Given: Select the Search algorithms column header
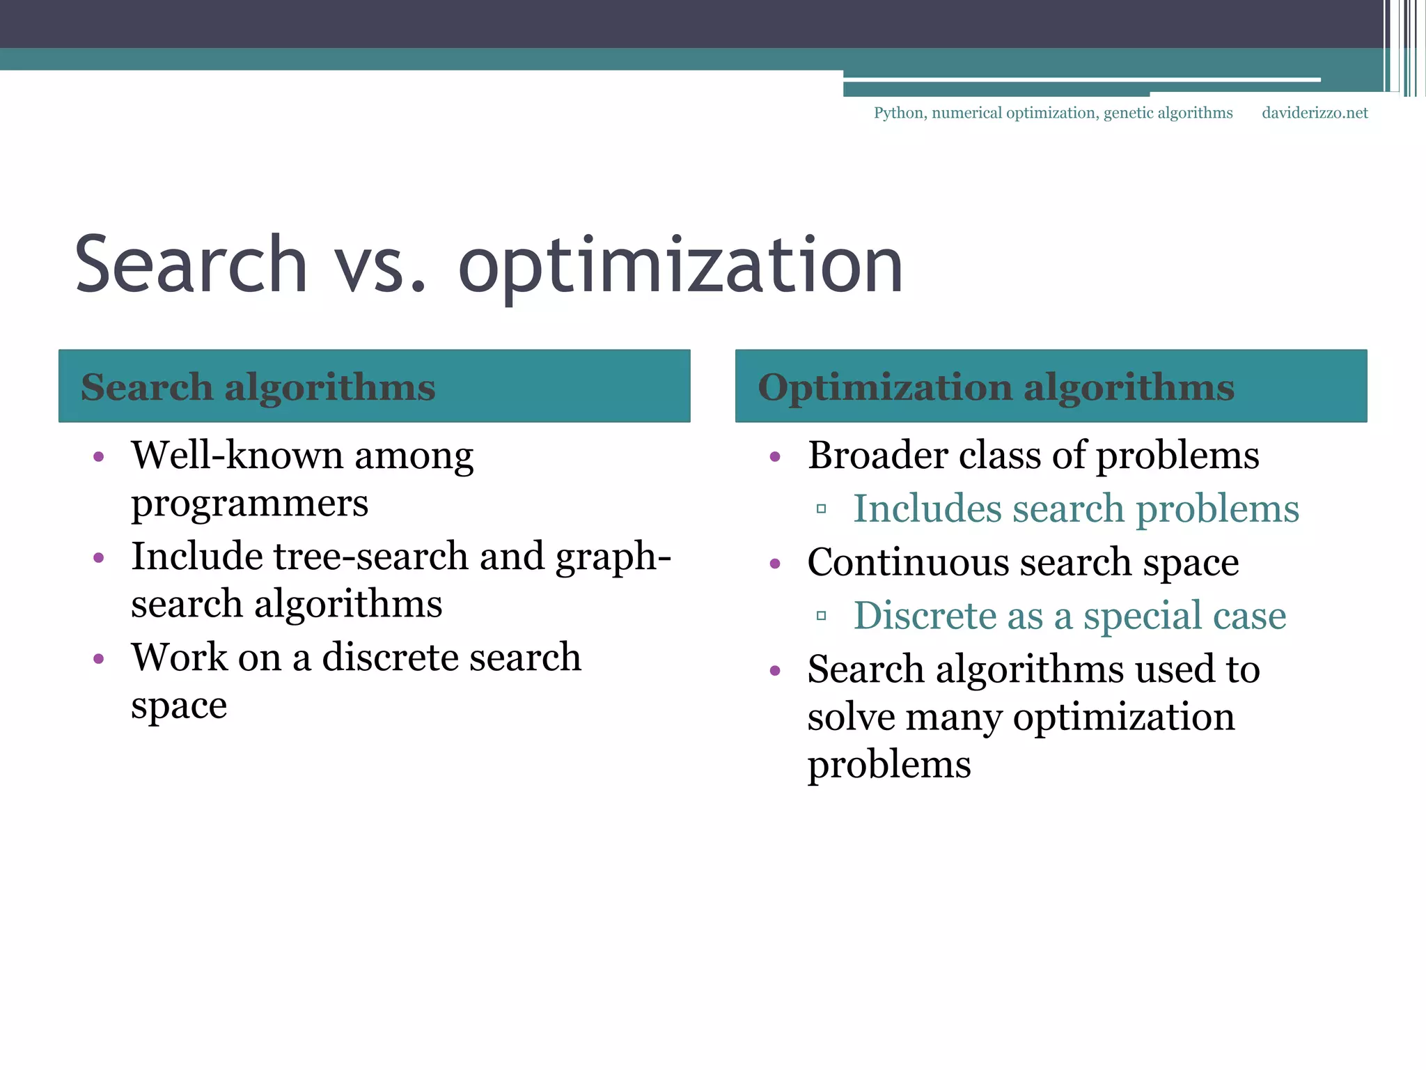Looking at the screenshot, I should coord(258,387).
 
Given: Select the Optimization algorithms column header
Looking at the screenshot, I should coord(996,387).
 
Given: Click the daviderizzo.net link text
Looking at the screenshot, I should coord(1315,113).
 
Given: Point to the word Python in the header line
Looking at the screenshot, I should coord(899,114).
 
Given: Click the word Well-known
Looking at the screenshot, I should coord(236,456).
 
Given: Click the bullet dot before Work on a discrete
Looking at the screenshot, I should coord(99,658).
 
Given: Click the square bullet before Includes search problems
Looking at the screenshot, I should coord(822,509).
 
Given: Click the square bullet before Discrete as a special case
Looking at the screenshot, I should coord(822,616).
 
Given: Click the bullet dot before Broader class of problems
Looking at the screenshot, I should coord(776,457).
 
